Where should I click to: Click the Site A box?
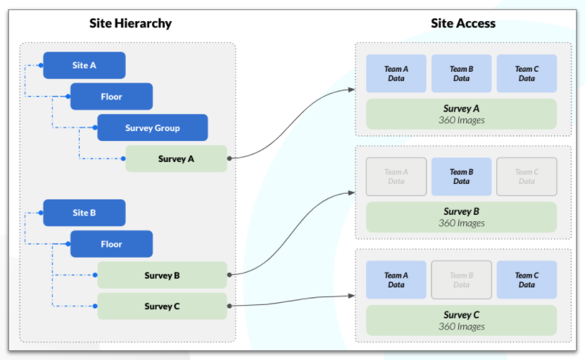coord(84,66)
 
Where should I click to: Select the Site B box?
coord(84,213)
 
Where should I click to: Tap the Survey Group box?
coord(153,128)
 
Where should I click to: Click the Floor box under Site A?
coord(111,97)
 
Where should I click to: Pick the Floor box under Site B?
coord(111,244)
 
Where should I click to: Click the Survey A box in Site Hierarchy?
coord(176,159)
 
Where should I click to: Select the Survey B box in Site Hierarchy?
coord(163,275)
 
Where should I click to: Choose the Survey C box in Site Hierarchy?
coord(163,306)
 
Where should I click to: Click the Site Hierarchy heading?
coord(130,23)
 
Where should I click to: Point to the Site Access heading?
coord(463,23)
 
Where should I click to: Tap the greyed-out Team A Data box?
coord(396,177)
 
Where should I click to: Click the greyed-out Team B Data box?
coord(462,280)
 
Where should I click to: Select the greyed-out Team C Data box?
coord(527,177)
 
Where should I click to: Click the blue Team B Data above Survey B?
coord(462,177)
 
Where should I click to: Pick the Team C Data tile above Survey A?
coord(527,73)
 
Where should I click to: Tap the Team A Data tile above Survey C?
coord(396,280)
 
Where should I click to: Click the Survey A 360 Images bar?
coord(462,114)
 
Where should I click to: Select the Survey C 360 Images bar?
coord(462,321)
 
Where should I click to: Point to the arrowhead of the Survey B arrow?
coord(351,193)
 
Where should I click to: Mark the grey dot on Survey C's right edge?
coord(229,306)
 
